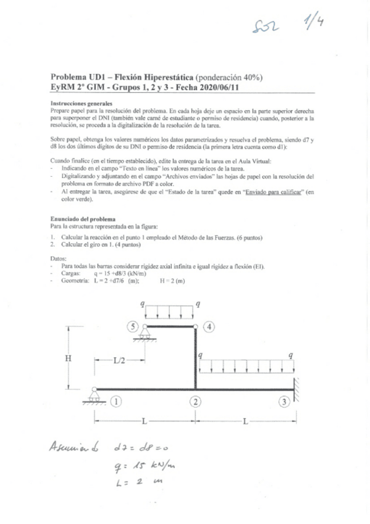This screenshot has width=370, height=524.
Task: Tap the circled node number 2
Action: [196, 402]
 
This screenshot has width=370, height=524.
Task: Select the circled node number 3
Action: [284, 402]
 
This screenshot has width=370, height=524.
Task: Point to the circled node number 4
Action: [211, 326]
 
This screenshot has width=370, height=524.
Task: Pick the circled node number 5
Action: [132, 326]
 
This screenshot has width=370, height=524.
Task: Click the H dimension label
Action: [70, 357]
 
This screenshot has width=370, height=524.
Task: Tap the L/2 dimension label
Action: [120, 361]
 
